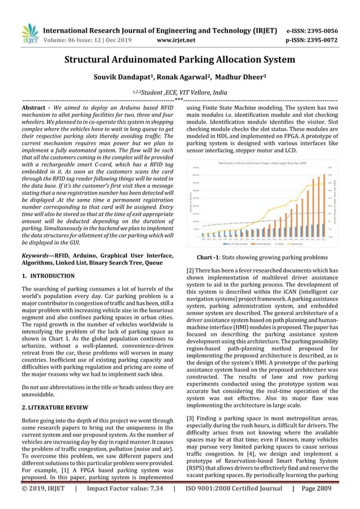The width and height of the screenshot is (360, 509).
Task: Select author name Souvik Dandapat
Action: click(x=117, y=77)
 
